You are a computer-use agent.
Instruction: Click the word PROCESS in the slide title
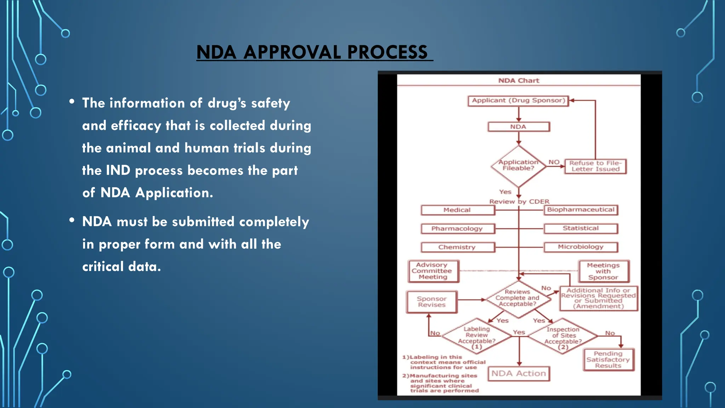coord(387,52)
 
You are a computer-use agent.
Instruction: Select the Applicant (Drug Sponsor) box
coord(518,101)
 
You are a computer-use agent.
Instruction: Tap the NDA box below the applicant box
coord(518,127)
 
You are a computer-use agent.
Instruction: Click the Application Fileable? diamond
coord(518,166)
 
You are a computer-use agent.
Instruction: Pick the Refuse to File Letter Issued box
coord(595,166)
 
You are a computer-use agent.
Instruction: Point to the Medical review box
coord(457,210)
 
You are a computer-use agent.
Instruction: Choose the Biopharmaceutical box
coord(581,210)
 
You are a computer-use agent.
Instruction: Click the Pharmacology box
coord(457,229)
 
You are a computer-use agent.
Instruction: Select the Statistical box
coord(581,228)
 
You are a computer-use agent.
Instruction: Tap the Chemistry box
coord(457,247)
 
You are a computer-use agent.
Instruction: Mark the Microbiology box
coord(581,247)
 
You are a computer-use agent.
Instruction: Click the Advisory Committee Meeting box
coord(433,271)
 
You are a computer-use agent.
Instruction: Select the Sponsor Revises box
coord(432,302)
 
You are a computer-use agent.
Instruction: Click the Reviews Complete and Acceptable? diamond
coord(518,298)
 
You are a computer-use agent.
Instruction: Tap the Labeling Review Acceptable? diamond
coord(476,336)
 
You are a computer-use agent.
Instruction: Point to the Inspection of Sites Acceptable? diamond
coord(563,336)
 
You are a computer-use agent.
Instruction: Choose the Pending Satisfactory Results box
coord(608,360)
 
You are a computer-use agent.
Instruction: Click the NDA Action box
coord(519,374)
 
